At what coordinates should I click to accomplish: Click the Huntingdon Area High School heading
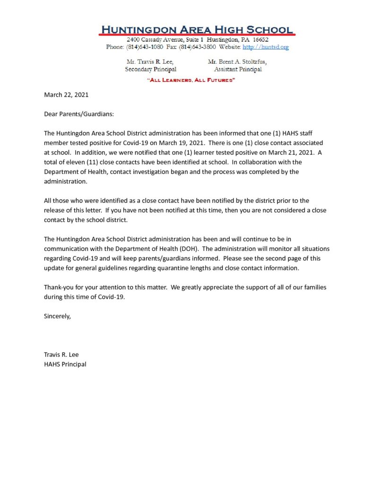197,29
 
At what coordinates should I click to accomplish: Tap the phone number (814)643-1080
143,47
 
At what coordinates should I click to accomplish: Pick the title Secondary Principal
150,69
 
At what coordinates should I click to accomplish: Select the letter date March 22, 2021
66,95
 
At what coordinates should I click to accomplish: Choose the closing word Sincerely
57,316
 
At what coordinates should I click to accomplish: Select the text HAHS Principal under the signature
65,364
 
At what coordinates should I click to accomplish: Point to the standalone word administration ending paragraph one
64,181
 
